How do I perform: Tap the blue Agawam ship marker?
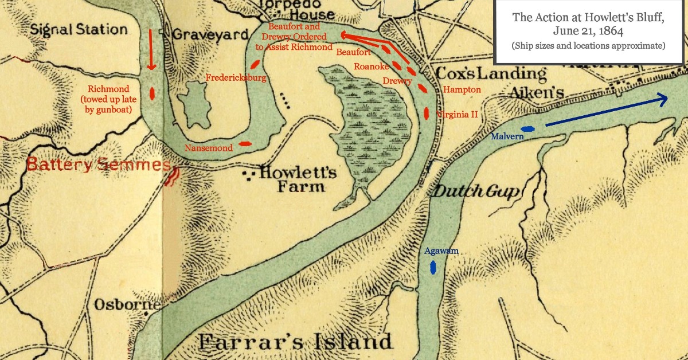pyautogui.click(x=433, y=267)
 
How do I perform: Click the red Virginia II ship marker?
pyautogui.click(x=427, y=113)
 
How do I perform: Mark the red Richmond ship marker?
pyautogui.click(x=153, y=93)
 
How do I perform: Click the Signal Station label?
pyautogui.click(x=79, y=29)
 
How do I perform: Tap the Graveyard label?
pyautogui.click(x=210, y=34)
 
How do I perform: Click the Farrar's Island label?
pyautogui.click(x=295, y=342)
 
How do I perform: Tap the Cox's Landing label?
pyautogui.click(x=491, y=73)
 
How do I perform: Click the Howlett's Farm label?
pyautogui.click(x=298, y=179)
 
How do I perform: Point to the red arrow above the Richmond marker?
pyautogui.click(x=151, y=50)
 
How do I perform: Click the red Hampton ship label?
pyautogui.click(x=462, y=90)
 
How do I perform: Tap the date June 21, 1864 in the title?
pyautogui.click(x=588, y=31)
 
